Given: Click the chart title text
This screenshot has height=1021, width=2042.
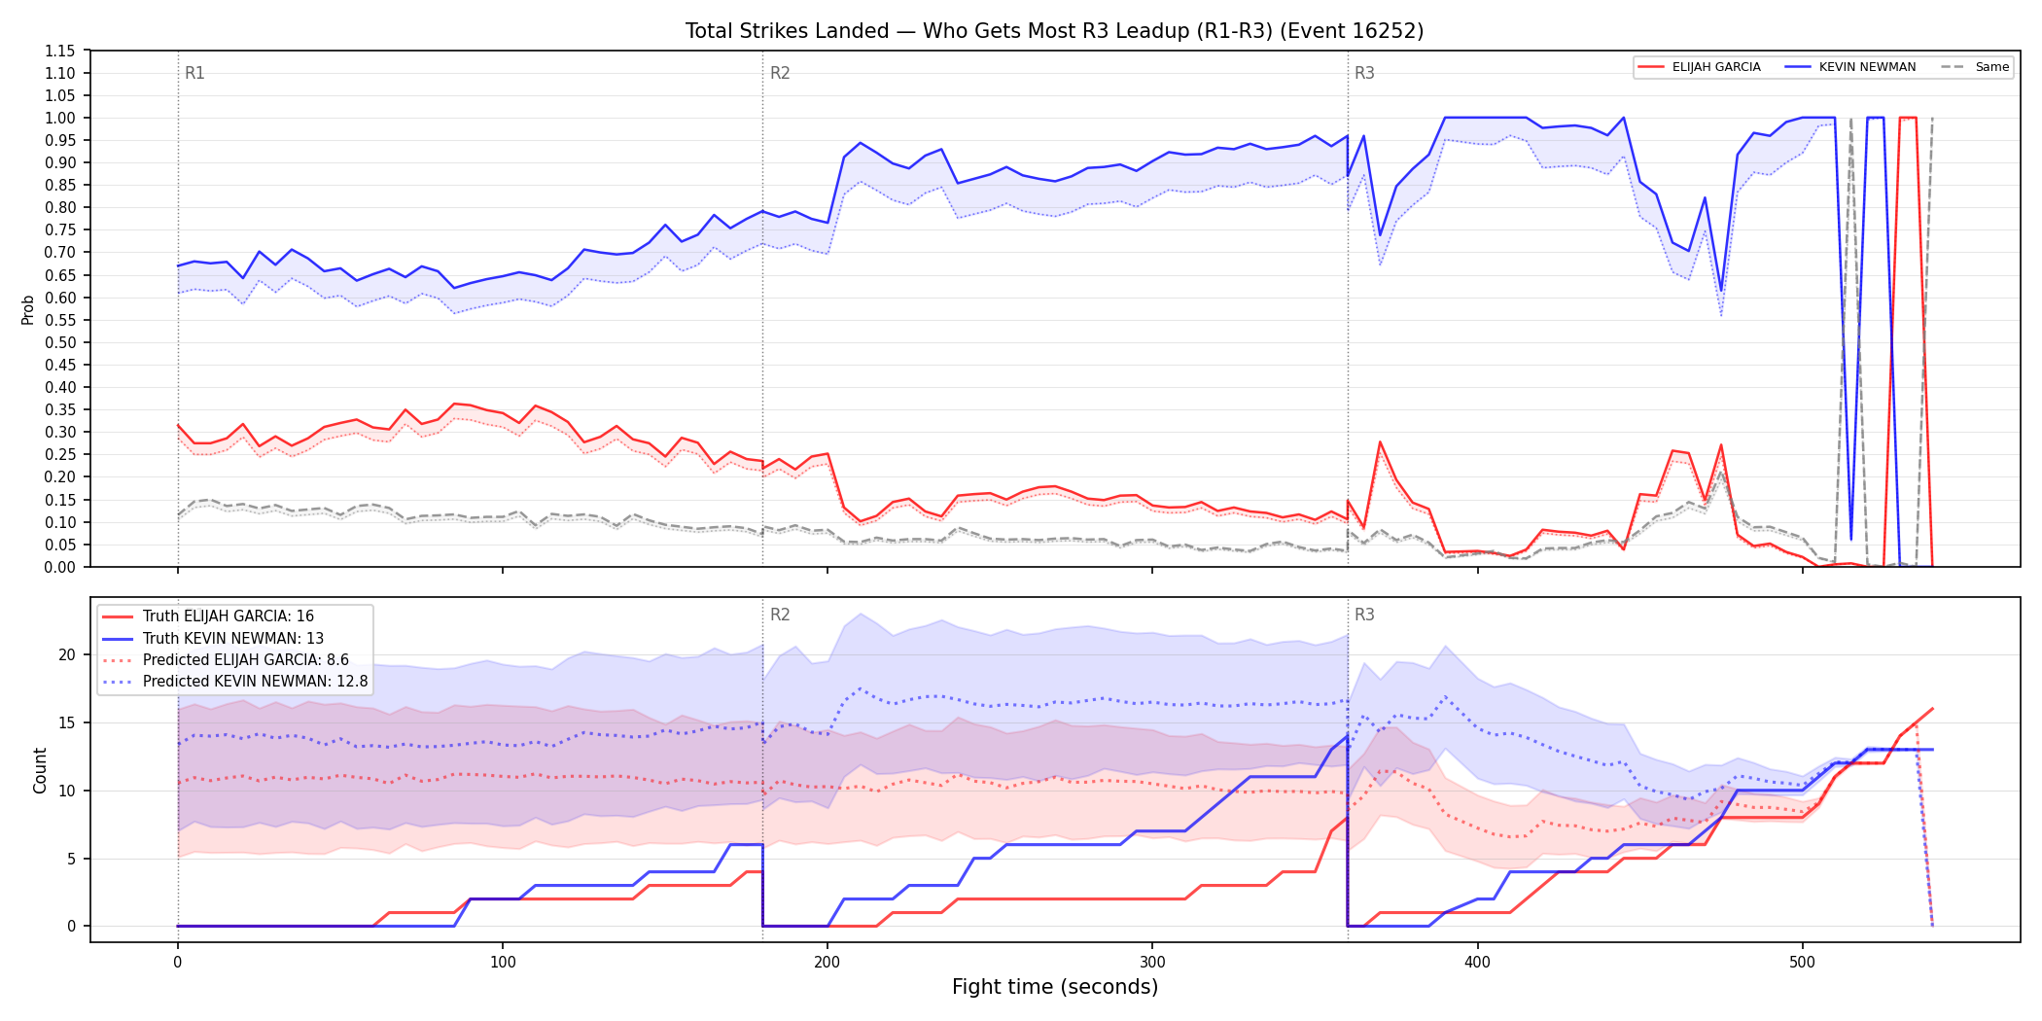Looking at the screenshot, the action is pos(1054,31).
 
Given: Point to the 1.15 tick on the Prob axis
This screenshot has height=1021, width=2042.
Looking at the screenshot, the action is pos(60,51).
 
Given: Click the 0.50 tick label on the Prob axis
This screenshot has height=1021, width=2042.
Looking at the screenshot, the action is pos(60,342).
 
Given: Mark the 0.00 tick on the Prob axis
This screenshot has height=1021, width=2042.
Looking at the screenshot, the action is pos(60,567).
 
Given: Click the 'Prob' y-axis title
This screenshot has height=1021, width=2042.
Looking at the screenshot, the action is pos(28,309).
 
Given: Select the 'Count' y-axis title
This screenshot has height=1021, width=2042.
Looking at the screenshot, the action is pos(40,770).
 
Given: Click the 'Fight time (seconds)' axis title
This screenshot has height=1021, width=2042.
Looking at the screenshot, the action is pos(1055,987).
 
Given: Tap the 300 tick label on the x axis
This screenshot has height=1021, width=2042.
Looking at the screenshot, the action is pos(1152,963).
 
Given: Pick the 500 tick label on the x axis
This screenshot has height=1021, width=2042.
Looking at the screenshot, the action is pos(1802,963).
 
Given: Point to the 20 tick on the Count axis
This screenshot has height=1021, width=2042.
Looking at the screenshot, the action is pos(66,654).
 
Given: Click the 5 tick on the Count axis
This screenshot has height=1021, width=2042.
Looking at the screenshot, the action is pos(71,859).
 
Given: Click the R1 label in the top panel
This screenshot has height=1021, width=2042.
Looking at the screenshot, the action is pos(194,73).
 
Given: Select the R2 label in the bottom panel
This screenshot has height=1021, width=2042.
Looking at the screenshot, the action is pos(780,615).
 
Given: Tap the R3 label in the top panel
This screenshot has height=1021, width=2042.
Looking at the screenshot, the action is pos(1364,73).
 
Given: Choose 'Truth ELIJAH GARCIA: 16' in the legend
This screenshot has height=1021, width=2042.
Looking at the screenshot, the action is pos(229,616).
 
